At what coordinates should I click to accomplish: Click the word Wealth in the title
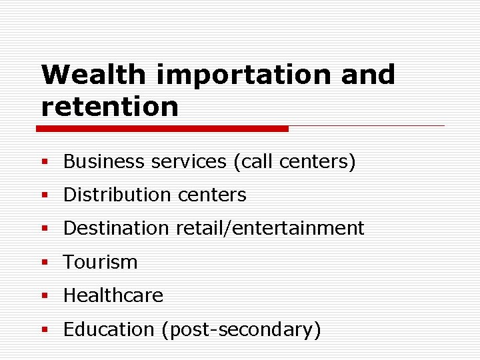point(94,75)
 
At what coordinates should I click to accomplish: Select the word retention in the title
point(110,107)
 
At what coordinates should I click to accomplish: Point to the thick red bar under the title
point(163,128)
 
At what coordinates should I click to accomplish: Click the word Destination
point(116,228)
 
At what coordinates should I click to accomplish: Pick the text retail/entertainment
point(270,228)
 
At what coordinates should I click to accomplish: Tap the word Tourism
point(100,262)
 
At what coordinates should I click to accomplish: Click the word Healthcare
point(113,295)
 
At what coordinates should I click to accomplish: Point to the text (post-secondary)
point(241,329)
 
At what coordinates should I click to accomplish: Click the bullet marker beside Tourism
point(45,263)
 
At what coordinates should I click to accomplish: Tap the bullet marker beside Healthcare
point(45,296)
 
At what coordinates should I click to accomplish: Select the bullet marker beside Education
point(45,330)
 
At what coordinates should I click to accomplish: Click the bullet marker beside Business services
point(45,162)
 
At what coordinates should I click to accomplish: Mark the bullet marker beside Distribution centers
point(45,195)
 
